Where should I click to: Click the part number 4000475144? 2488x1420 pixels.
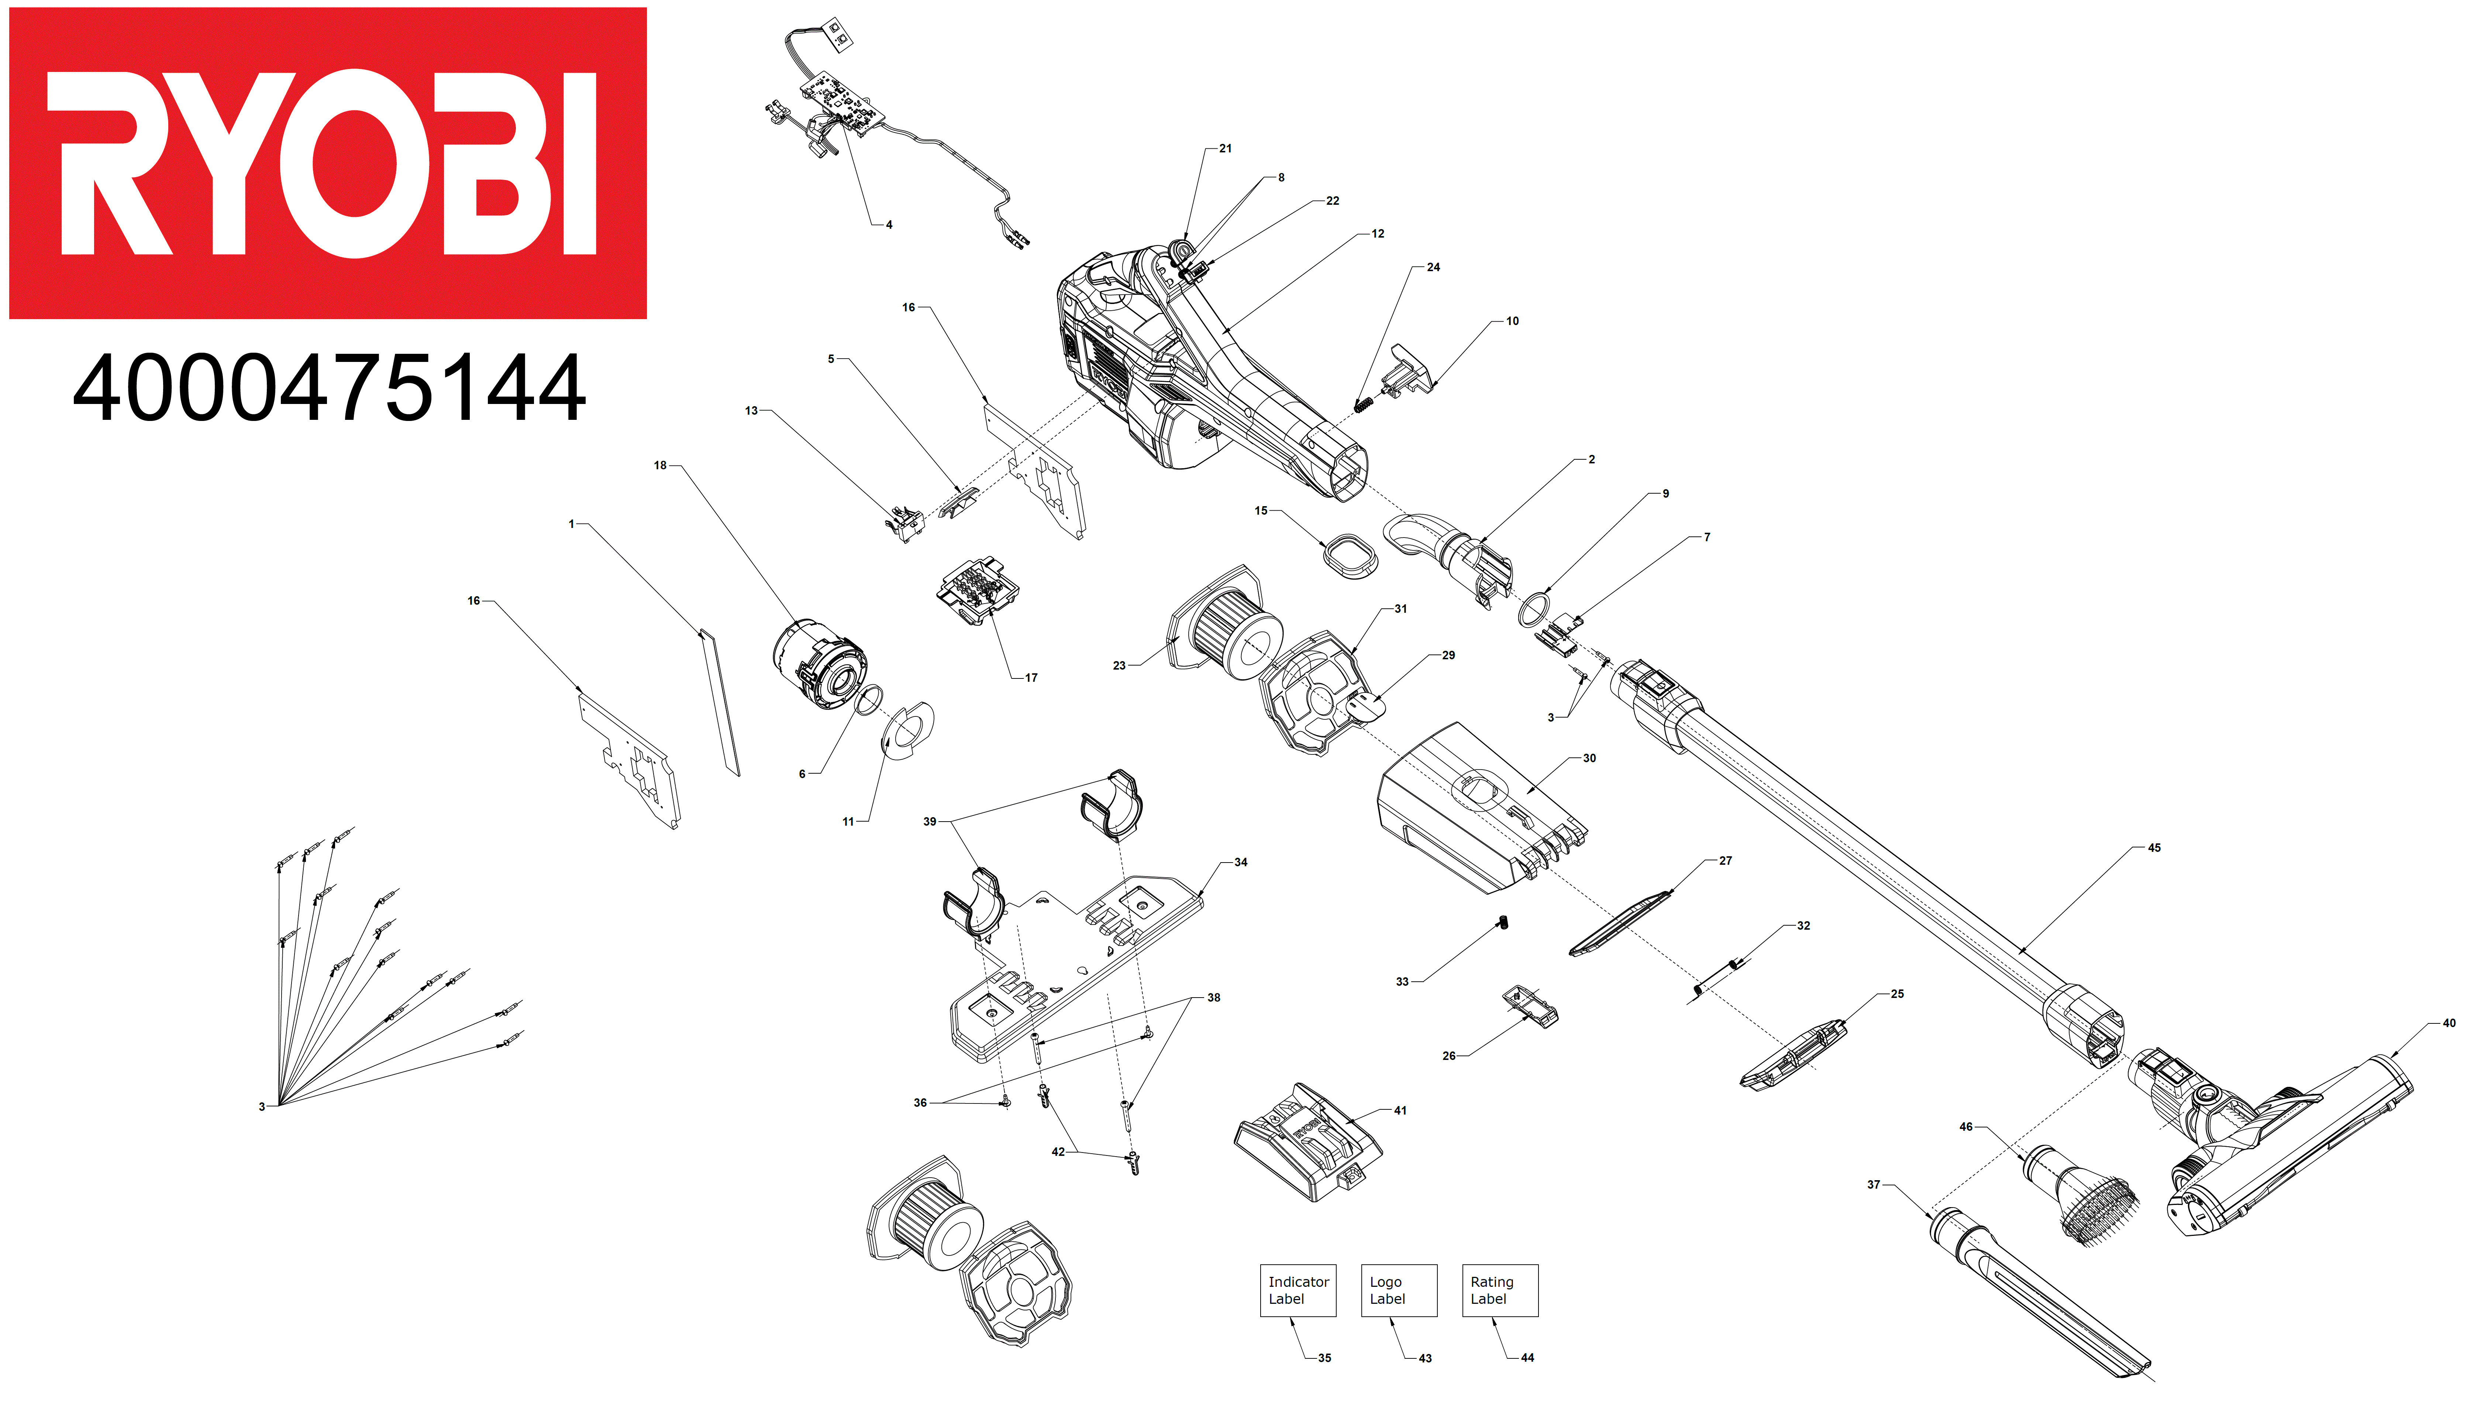[x=330, y=388]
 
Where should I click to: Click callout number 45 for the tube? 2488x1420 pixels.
[x=2153, y=847]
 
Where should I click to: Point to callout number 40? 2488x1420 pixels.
[x=2448, y=1022]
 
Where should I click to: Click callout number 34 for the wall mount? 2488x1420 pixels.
[x=1241, y=862]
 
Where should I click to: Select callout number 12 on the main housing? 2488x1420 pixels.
[x=1377, y=234]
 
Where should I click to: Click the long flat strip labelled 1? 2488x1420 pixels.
[x=720, y=702]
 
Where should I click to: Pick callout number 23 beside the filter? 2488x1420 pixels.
[x=1119, y=665]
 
